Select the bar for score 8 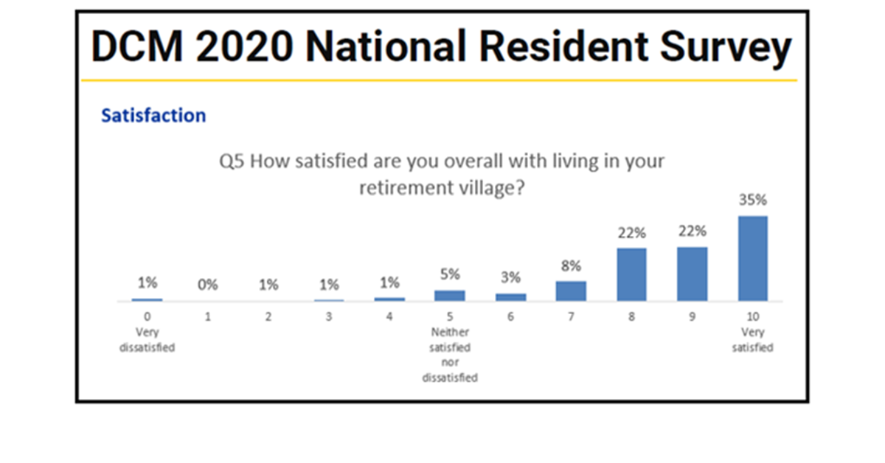tap(631, 274)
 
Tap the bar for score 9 tap(692, 274)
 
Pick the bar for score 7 tap(571, 290)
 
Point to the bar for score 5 tap(449, 295)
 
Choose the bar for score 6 tap(510, 296)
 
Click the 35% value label tap(752, 200)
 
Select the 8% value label tap(571, 265)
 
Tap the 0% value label tap(207, 285)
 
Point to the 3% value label tap(510, 278)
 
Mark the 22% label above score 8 tap(631, 233)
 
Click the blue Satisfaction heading tap(153, 116)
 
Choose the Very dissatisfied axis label tap(147, 339)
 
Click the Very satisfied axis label tap(752, 339)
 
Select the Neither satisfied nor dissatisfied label tap(449, 355)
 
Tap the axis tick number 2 tap(268, 317)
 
